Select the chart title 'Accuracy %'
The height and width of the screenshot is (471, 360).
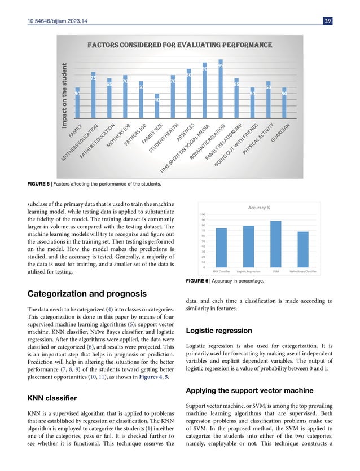pyautogui.click(x=260, y=207)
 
